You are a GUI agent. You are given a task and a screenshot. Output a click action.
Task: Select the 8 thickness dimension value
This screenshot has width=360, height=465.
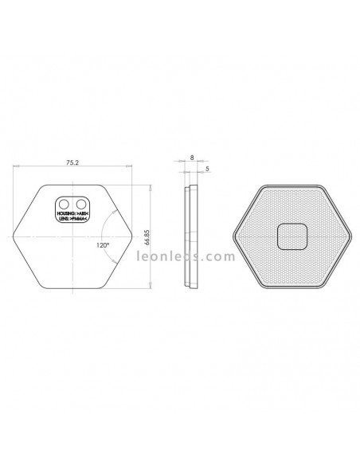192,158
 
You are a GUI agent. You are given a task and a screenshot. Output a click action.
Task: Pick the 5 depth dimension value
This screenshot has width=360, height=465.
207,169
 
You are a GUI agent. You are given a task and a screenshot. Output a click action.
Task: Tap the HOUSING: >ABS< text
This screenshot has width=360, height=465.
72,213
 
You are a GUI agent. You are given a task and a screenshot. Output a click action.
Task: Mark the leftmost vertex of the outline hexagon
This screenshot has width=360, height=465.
14,236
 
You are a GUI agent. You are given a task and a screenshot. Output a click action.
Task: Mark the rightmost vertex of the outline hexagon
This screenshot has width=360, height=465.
133,236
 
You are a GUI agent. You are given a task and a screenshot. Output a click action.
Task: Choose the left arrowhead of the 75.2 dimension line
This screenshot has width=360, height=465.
16,167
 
